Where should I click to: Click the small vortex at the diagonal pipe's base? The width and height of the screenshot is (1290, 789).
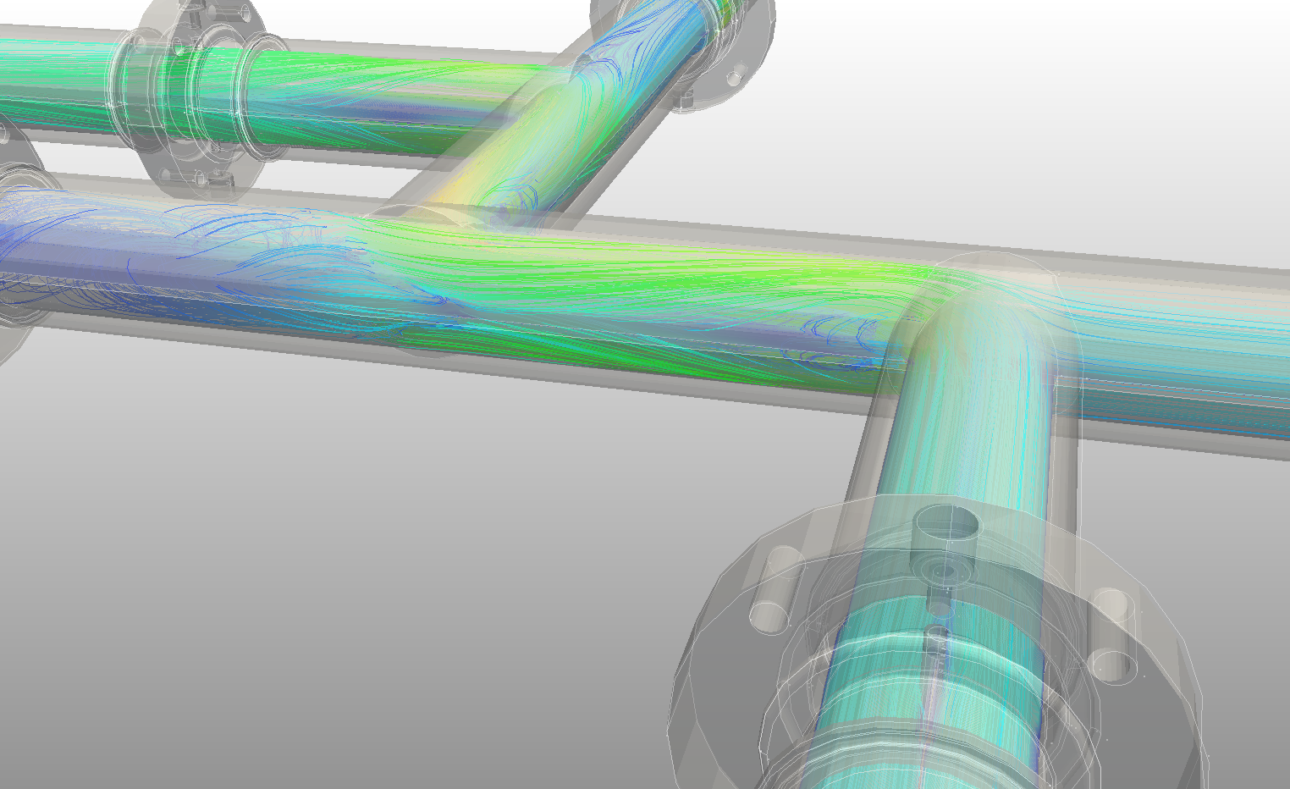503,212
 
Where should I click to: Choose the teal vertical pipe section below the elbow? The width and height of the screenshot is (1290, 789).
965,440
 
